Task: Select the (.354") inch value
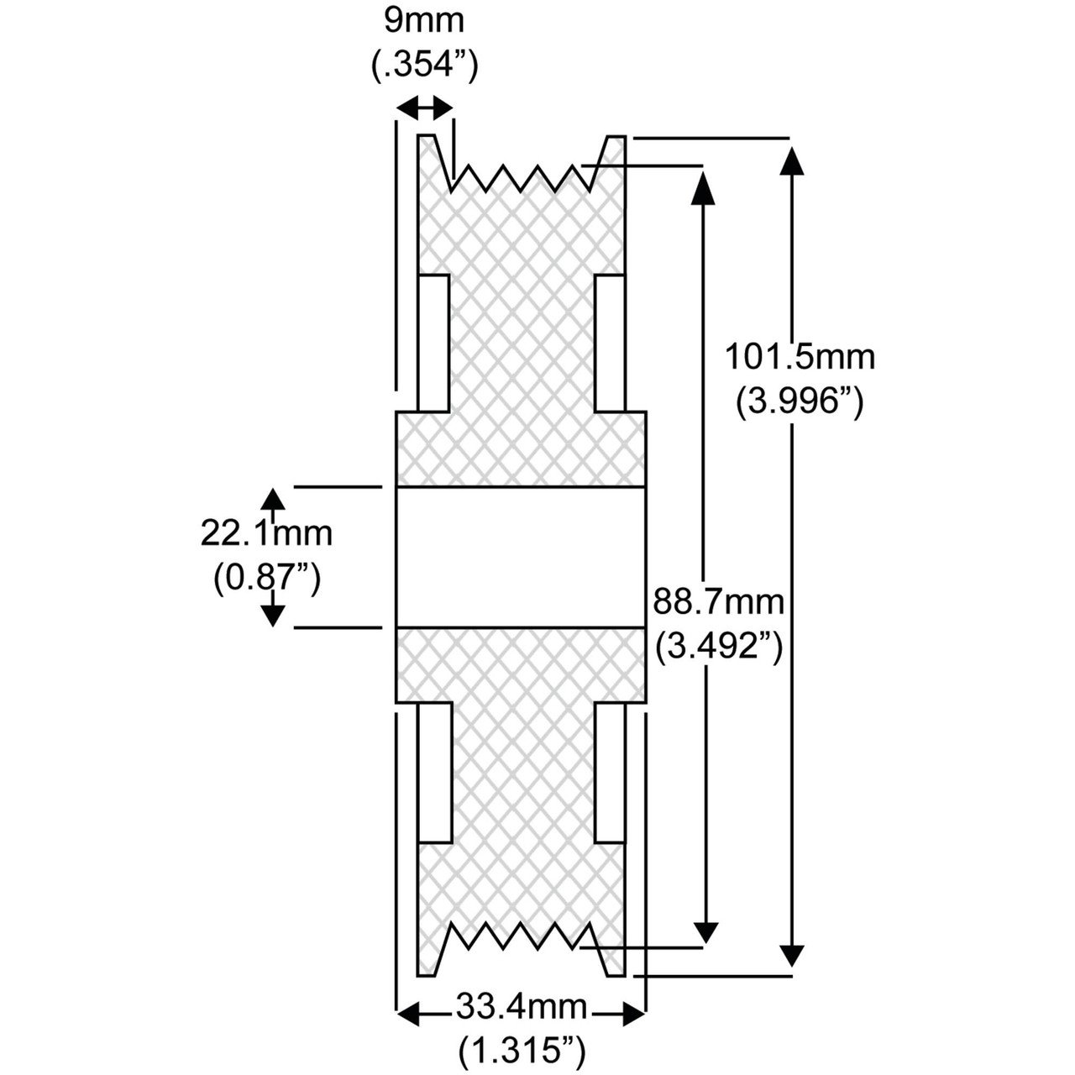coord(425,66)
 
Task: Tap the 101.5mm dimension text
coord(800,357)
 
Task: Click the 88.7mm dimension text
coord(718,601)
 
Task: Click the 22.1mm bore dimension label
coord(266,532)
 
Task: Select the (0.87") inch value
coord(266,578)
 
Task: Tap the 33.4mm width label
coord(521,1004)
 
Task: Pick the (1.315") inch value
coord(521,1049)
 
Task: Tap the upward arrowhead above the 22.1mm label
coord(270,500)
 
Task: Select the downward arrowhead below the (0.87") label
coord(270,614)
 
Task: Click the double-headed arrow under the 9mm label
coord(424,107)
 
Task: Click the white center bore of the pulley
coord(521,557)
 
